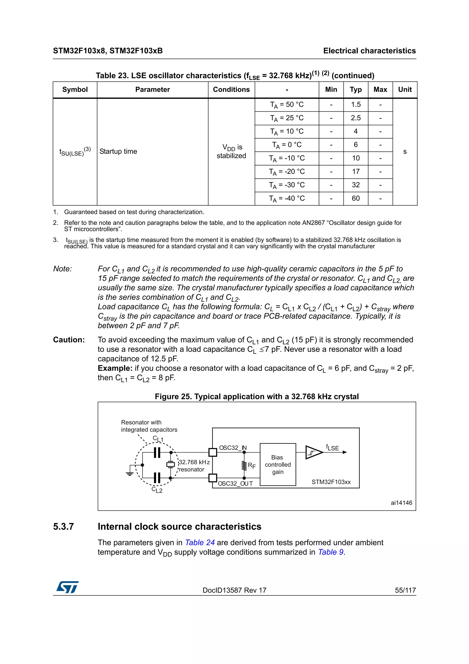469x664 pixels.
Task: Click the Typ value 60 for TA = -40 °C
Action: point(355,198)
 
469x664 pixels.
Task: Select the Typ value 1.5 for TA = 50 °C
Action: point(355,104)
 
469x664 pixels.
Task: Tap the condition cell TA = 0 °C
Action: point(287,145)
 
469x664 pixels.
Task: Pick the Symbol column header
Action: point(75,90)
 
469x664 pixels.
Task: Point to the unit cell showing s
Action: point(405,151)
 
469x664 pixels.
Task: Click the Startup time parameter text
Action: point(118,151)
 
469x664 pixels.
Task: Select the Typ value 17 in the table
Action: point(355,171)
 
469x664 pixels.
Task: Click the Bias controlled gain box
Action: point(278,464)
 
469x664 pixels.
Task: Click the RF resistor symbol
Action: point(244,465)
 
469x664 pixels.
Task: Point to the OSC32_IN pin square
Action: point(213,452)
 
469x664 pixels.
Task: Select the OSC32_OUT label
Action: point(235,483)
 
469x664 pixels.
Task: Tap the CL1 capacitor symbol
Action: point(157,453)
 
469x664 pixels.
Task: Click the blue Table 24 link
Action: point(200,543)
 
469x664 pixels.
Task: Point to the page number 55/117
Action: point(405,590)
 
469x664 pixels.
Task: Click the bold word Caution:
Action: point(69,340)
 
